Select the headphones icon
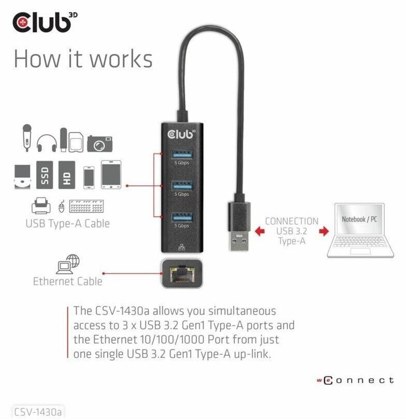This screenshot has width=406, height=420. [47, 142]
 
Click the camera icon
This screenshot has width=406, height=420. [99, 144]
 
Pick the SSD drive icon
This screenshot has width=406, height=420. [45, 175]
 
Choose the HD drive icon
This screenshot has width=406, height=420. [67, 175]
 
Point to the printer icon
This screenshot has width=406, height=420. [41, 207]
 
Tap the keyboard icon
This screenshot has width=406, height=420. [86, 207]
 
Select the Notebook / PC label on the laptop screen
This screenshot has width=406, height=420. [359, 219]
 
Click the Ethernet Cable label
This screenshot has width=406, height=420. [68, 282]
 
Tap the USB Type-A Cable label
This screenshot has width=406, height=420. [68, 224]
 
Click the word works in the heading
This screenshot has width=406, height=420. [119, 59]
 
